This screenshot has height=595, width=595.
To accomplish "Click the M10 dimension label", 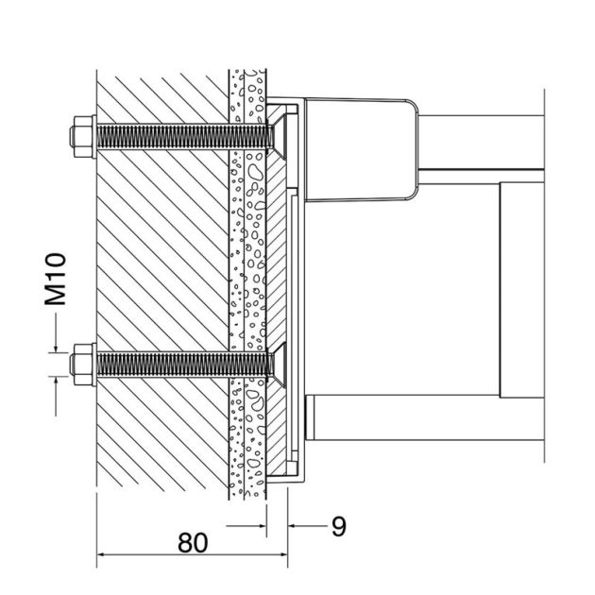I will pyautogui.click(x=58, y=280).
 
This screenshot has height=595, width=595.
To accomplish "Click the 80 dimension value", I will pyautogui.click(x=193, y=544).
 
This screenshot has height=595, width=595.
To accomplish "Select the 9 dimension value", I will pyautogui.click(x=337, y=526).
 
